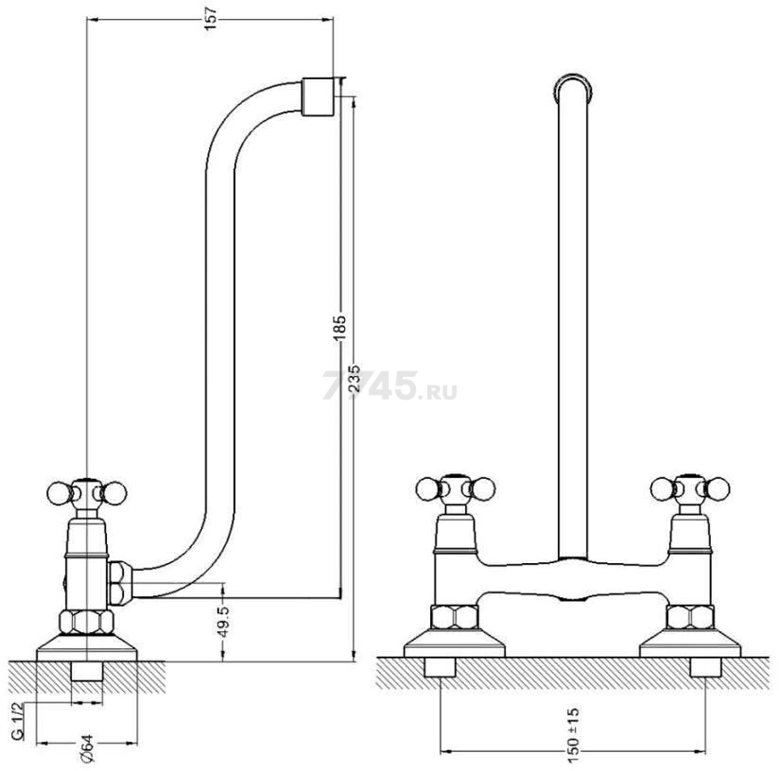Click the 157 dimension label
point(211,19)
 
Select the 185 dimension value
point(340,328)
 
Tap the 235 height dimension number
point(354,380)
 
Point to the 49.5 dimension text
point(223,622)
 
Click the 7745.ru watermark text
point(390,385)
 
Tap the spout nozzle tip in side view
point(318,96)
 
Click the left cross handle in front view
point(456,489)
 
